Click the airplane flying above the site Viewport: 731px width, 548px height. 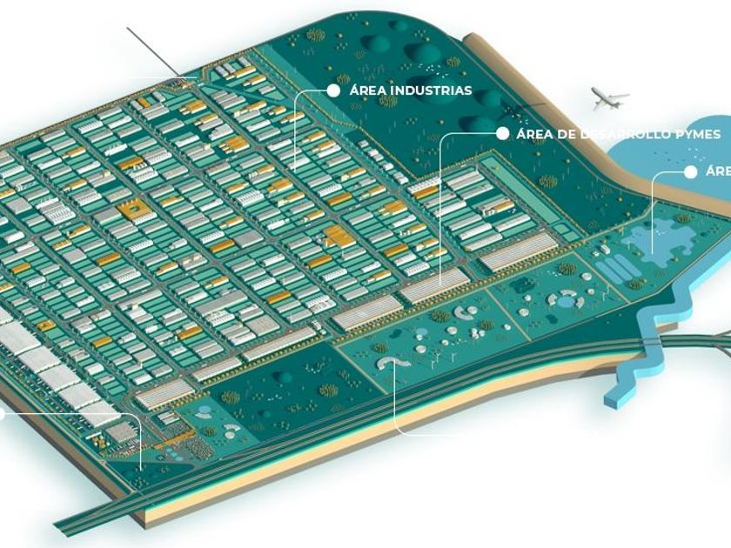tap(609, 97)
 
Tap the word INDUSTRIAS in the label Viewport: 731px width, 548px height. tap(432, 90)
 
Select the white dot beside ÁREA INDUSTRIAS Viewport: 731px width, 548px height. tap(332, 90)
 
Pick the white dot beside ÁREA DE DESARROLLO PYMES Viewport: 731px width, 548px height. tap(501, 134)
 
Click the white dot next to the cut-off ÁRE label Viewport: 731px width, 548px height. tap(691, 172)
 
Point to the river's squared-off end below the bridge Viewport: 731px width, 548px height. tap(614, 400)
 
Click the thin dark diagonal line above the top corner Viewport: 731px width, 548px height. tap(153, 51)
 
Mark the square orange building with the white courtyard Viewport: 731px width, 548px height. tap(136, 209)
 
